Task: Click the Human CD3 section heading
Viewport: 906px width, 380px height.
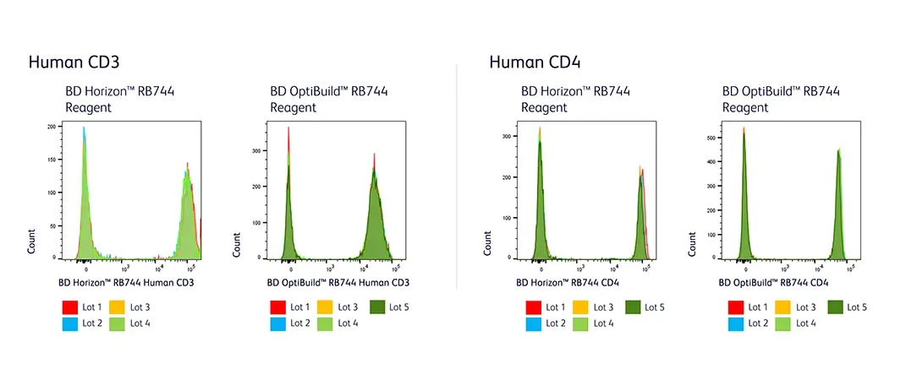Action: [x=74, y=62]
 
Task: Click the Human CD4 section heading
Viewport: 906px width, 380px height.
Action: [x=534, y=62]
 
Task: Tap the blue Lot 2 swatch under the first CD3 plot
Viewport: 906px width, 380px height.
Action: [x=69, y=323]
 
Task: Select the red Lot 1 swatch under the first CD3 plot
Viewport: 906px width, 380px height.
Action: [x=69, y=307]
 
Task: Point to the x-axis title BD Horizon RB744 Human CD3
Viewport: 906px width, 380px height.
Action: [x=127, y=283]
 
